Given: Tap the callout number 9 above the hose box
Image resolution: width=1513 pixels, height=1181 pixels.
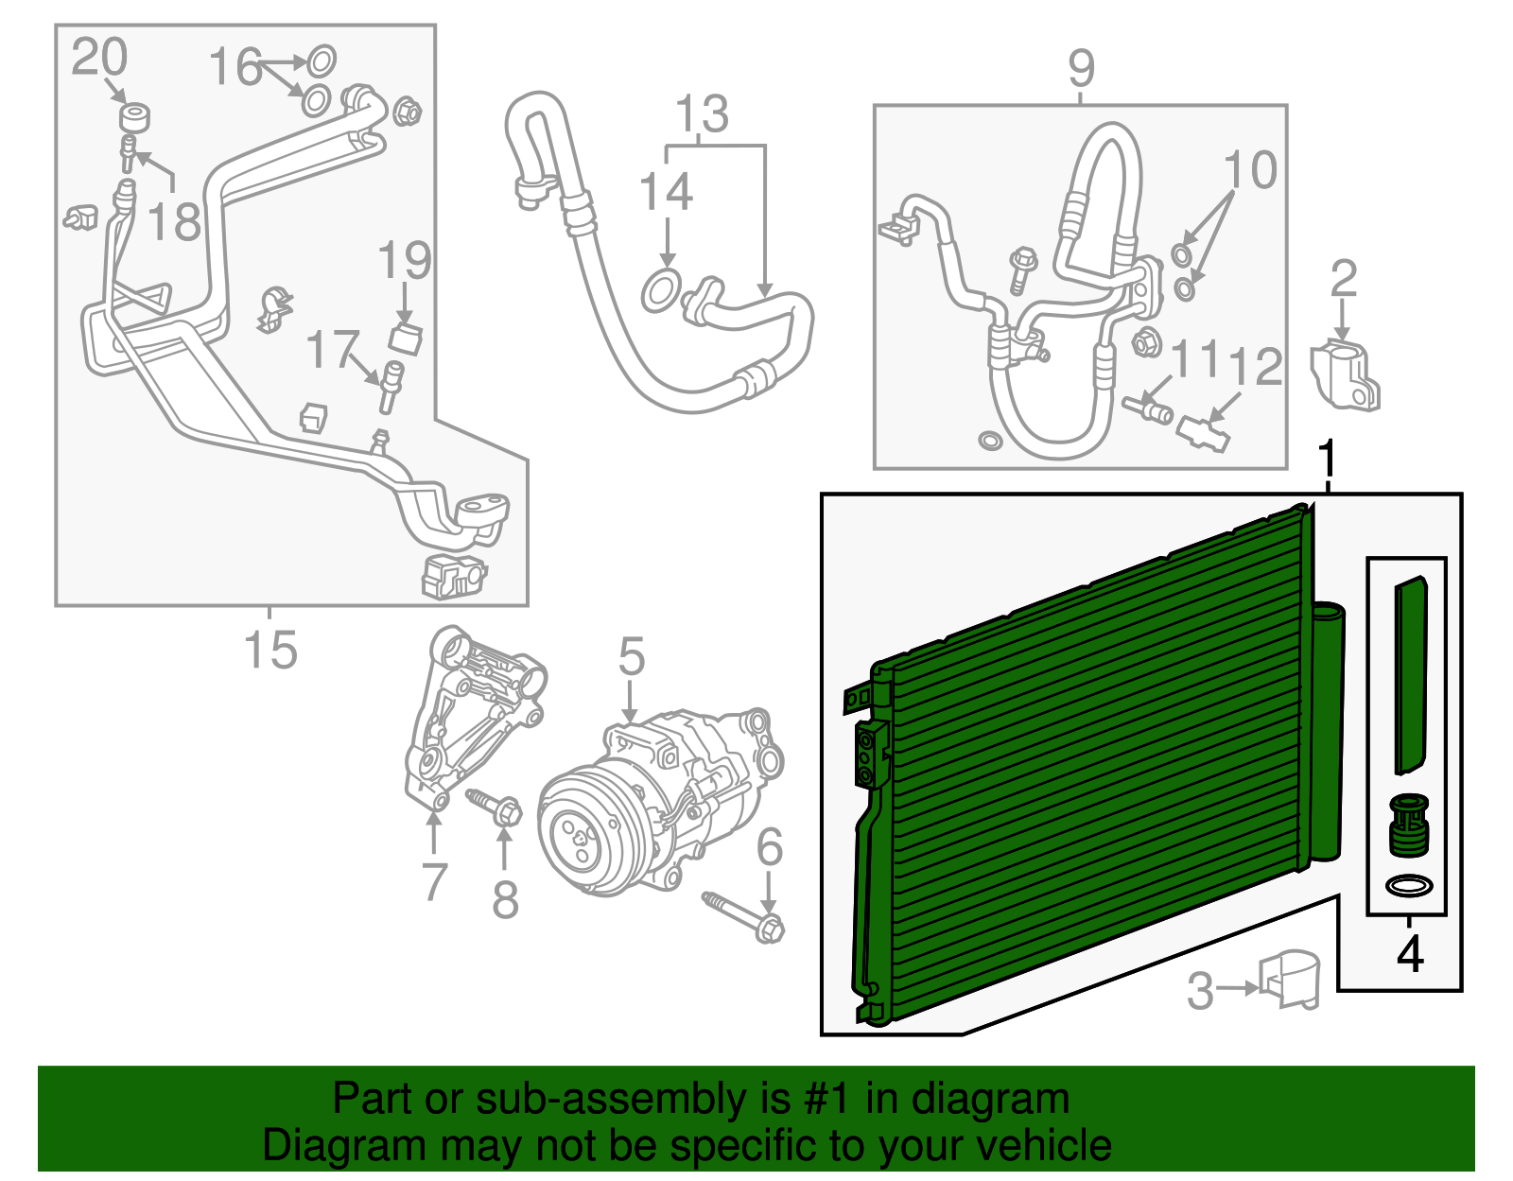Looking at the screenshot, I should point(1081,68).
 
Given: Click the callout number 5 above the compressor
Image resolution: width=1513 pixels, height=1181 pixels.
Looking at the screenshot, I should point(632,655).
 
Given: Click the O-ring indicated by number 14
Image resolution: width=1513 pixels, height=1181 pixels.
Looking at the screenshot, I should point(660,290).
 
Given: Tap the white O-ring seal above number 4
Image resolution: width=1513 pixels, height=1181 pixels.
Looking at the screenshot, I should point(1409,887).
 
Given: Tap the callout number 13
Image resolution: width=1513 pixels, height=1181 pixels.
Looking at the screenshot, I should point(702,113).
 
